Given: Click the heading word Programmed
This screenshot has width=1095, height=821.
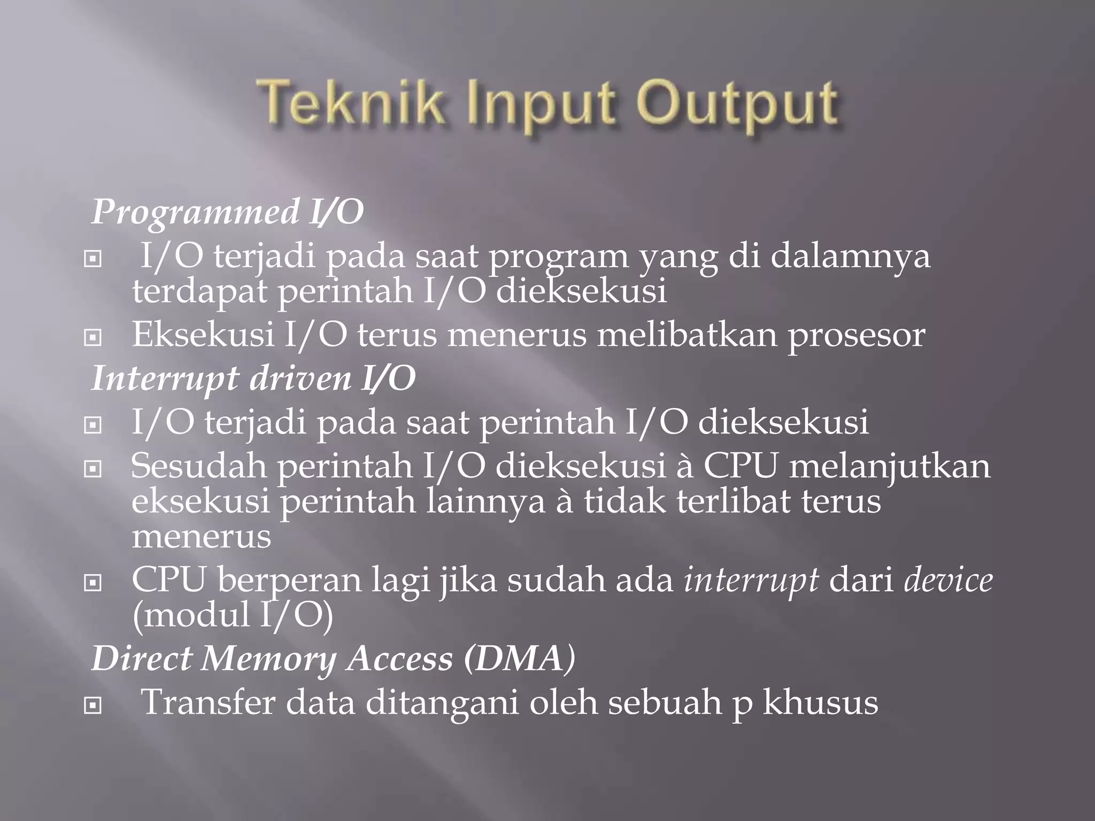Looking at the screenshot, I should tap(196, 212).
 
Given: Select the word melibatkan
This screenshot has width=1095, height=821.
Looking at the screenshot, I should tap(687, 335).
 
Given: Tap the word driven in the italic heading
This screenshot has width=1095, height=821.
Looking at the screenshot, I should tap(300, 379).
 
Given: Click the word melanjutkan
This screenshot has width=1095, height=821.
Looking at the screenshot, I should tap(890, 466).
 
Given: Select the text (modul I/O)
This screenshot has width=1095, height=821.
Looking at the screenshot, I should tap(233, 615).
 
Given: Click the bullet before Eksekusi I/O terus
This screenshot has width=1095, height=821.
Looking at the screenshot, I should tap(93, 338).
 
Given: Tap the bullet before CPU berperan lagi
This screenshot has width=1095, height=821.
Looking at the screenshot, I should tap(93, 584).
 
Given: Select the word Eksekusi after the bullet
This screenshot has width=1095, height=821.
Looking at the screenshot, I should tap(203, 335).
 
